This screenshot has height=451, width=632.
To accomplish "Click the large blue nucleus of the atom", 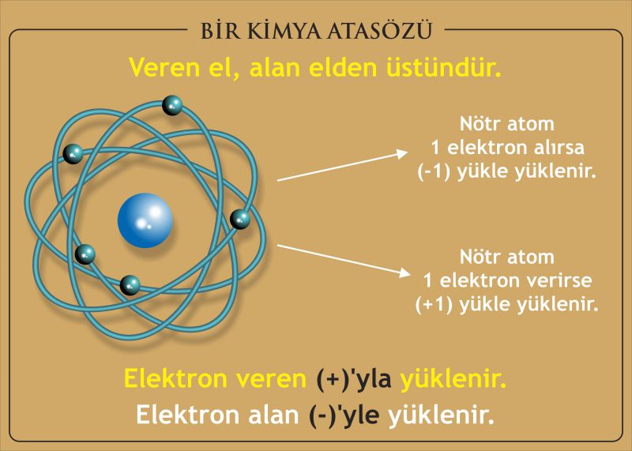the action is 145,220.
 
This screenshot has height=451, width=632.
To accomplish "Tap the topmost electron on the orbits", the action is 172,105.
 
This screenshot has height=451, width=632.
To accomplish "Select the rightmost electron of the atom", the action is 240,220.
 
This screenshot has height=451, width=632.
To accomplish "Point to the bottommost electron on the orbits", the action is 130,285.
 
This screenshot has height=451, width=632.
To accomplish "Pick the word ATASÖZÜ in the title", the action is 380,30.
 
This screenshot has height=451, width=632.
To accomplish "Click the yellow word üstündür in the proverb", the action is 444,67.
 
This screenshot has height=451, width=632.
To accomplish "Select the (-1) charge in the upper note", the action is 434,171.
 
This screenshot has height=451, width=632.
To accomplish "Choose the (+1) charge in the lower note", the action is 433,304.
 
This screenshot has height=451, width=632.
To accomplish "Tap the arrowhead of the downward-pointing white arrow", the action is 404,272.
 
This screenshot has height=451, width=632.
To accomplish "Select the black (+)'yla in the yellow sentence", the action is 354,380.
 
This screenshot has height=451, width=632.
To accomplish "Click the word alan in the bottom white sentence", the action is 273,415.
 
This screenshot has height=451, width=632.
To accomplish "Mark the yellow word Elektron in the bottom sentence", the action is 175,379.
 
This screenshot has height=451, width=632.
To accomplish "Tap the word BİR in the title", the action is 221,31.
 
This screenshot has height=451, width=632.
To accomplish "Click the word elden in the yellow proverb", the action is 343,67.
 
